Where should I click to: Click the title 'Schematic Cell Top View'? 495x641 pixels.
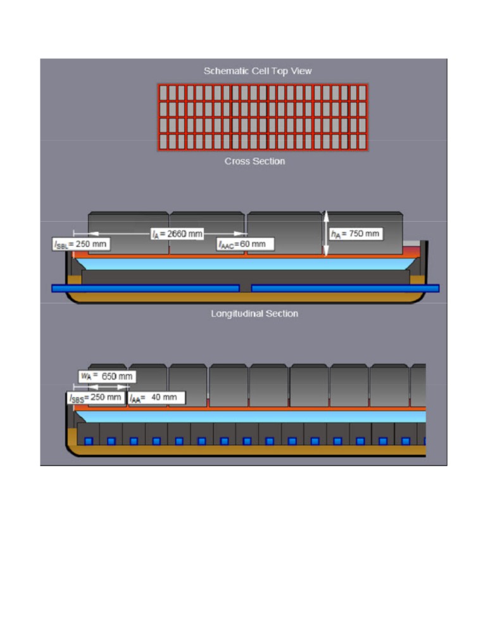click(257, 71)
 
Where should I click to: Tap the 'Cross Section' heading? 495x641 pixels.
click(254, 162)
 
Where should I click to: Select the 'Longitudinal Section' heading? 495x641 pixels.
click(254, 314)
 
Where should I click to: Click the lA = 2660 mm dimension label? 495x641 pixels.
click(177, 234)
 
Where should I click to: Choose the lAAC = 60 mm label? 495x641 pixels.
click(245, 244)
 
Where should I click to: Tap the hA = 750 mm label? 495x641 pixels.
click(355, 234)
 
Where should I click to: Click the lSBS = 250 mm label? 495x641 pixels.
click(96, 398)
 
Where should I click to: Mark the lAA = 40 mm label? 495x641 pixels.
click(156, 398)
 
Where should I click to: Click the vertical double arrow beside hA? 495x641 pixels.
click(326, 234)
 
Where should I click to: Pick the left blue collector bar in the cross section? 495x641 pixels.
click(145, 288)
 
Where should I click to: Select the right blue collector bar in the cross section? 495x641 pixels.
click(345, 288)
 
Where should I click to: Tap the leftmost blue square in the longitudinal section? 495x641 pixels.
click(89, 441)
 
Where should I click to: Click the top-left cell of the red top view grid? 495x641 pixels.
click(163, 92)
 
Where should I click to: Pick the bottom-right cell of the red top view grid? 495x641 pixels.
click(362, 142)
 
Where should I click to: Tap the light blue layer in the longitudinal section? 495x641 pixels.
click(253, 416)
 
